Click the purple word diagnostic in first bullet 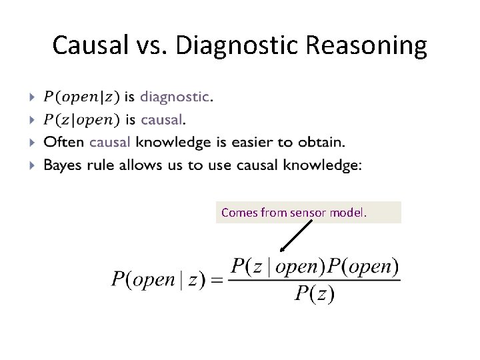pyautogui.click(x=175, y=97)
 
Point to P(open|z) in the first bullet pyautogui.click(x=82, y=97)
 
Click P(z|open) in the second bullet pyautogui.click(x=82, y=120)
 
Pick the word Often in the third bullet pyautogui.click(x=64, y=142)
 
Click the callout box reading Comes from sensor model pyautogui.click(x=309, y=213)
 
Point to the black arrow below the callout pyautogui.click(x=297, y=236)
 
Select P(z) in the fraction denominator pyautogui.click(x=314, y=293)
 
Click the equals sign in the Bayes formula pyautogui.click(x=217, y=281)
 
